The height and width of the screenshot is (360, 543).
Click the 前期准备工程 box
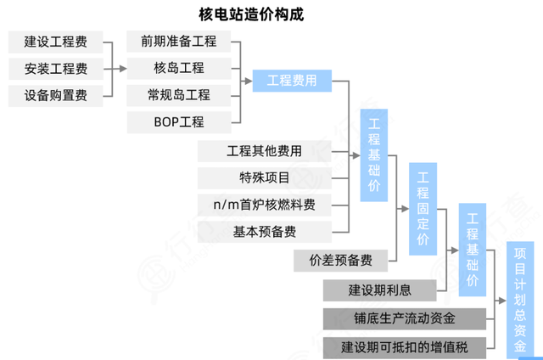179,42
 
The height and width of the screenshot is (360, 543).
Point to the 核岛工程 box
179,68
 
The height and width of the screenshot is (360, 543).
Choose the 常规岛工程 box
179,95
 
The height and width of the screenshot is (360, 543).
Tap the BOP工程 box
179,121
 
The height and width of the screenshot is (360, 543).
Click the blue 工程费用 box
292,82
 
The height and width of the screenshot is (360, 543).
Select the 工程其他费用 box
264,152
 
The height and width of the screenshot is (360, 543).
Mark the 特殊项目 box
264,178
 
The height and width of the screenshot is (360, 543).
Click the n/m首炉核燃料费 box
264,205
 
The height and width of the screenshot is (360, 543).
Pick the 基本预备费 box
264,231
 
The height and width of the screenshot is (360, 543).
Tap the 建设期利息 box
379,290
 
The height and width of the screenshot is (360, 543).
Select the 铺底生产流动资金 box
405,319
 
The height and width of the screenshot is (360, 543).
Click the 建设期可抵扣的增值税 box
405,346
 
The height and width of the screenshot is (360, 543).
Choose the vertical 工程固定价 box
423,207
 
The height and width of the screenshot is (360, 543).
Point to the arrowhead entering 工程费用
248,82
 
